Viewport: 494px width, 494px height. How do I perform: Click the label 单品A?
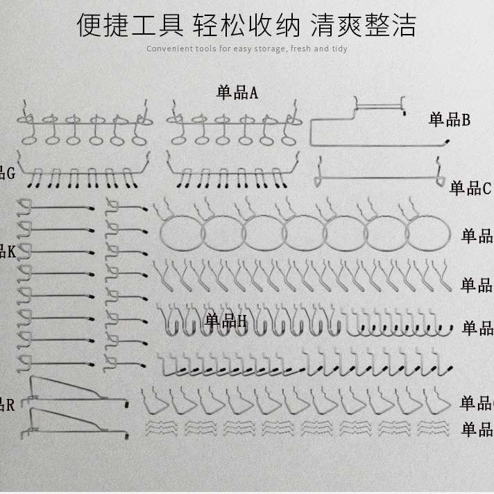(x=237, y=92)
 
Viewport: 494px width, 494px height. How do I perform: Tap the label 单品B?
(x=450, y=120)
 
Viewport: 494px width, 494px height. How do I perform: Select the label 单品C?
(x=470, y=187)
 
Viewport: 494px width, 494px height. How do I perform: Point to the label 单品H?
(x=225, y=321)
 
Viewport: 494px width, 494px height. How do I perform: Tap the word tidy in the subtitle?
(x=339, y=49)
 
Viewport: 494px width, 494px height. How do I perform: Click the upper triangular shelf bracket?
(x=76, y=391)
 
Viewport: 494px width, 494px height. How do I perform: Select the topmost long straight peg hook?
(x=59, y=207)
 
